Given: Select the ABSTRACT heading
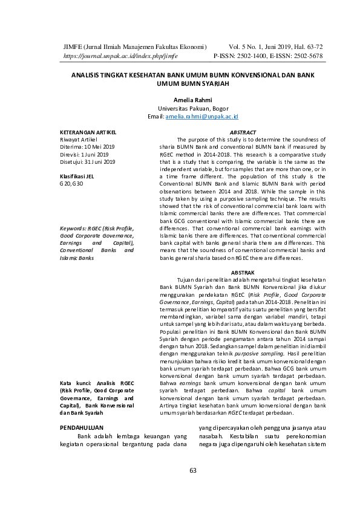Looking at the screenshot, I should (243, 132).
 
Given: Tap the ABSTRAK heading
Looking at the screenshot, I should (243, 273).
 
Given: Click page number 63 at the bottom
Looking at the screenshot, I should (194, 471).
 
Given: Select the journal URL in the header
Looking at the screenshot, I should (120, 56).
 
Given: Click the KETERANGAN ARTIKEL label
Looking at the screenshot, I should (88, 132).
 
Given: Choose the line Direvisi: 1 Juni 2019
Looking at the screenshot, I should (85, 154).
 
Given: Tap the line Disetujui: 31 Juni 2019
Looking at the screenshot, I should (88, 161).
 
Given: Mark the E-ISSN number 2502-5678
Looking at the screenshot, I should (306, 56).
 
